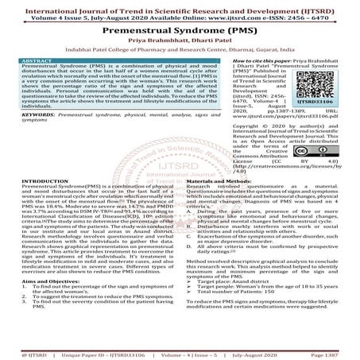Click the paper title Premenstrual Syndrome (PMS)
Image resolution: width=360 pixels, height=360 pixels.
(180, 28)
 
